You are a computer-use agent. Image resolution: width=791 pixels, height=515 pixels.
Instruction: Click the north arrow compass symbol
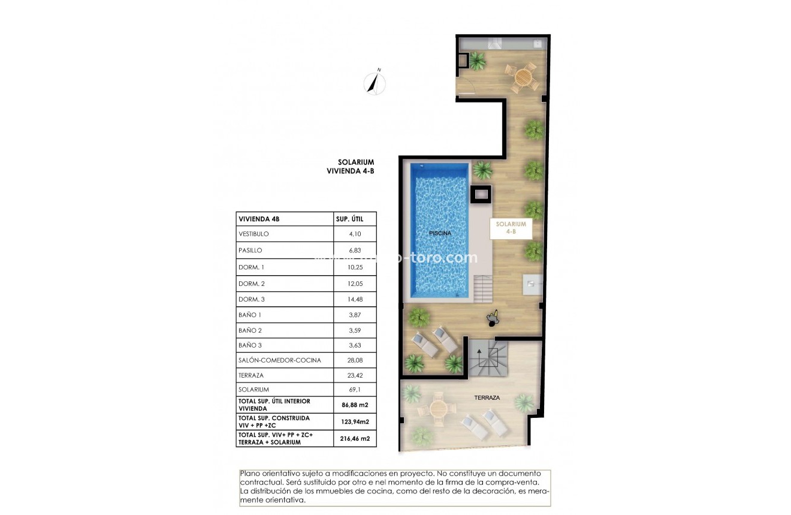coord(375,82)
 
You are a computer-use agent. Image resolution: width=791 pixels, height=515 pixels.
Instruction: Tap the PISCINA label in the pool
coord(439,233)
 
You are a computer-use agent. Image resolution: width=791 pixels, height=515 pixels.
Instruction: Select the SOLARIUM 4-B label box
coord(511,228)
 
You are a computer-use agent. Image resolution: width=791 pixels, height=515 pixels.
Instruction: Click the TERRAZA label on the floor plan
coord(487,397)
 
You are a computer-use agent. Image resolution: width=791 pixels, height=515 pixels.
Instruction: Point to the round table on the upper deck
coord(523,77)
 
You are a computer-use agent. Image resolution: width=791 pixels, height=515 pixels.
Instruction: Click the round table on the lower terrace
coord(439,408)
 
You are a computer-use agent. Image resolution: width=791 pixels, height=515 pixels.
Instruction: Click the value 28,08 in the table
coord(355,360)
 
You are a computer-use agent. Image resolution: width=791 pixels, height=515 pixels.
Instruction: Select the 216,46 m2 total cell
coord(355,438)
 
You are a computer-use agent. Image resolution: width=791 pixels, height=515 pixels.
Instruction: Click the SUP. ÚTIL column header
coord(349,219)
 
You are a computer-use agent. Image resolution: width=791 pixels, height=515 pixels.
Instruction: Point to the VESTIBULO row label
coord(253,234)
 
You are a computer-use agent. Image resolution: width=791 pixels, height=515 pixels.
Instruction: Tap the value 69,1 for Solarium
coord(353,390)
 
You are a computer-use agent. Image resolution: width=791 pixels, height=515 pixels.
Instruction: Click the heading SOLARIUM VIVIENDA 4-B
coord(355,166)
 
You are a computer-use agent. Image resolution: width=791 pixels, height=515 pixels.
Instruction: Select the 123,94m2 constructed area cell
coord(355,421)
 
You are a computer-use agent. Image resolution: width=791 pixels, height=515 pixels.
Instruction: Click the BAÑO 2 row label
coord(250,330)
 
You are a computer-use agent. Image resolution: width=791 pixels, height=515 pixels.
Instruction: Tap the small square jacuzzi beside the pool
coord(481,194)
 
